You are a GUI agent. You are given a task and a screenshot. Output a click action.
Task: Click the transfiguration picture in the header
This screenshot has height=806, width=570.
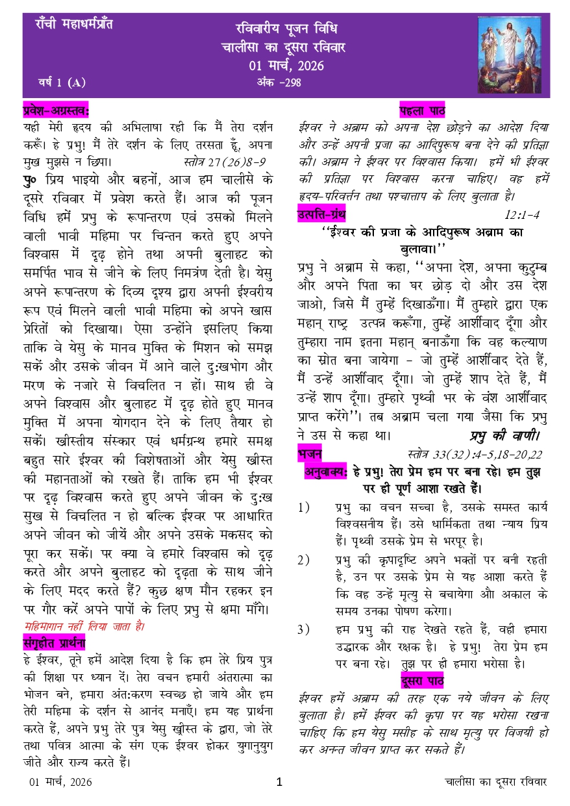point(510,54)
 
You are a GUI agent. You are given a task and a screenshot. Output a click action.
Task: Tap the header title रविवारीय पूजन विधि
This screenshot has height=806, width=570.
point(286,29)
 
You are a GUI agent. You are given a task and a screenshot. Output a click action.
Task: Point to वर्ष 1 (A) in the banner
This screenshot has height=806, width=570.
point(61,82)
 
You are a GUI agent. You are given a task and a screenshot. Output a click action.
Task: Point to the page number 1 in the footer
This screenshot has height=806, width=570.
point(279,782)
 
